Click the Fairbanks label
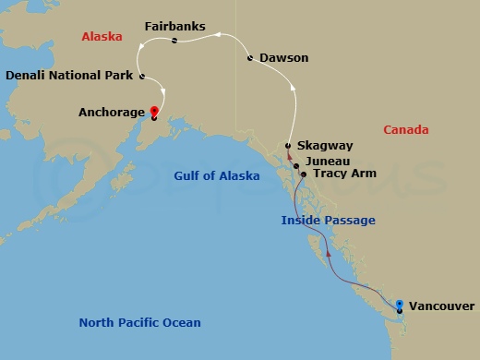175,26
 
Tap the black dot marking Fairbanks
174,41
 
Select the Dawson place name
283,58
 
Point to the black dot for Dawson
251,58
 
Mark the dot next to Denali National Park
141,76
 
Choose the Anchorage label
112,113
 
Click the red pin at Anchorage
153,112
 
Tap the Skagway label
324,146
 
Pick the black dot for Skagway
288,146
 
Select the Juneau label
329,160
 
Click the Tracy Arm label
344,173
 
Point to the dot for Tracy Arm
304,173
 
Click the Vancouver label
441,306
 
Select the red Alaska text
102,37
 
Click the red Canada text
406,130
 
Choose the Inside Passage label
329,220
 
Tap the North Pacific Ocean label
139,323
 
